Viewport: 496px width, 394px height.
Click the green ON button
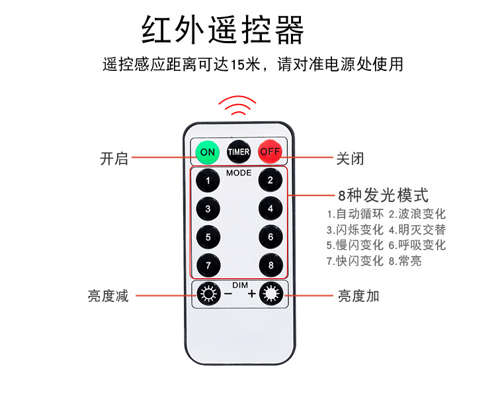(208, 152)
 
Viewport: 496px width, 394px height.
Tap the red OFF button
(270, 152)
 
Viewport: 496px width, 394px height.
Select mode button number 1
(208, 180)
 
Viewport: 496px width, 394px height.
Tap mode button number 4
(270, 209)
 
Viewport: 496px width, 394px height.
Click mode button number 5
(208, 236)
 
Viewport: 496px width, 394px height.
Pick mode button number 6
(270, 236)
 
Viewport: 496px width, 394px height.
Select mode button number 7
(208, 265)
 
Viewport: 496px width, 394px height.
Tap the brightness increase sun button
(270, 293)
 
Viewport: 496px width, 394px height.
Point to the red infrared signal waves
(238, 106)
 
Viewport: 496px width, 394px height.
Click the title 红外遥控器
(223, 29)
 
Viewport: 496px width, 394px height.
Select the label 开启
(114, 159)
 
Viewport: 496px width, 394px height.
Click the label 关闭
(351, 159)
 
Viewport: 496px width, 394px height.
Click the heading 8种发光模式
(383, 195)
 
